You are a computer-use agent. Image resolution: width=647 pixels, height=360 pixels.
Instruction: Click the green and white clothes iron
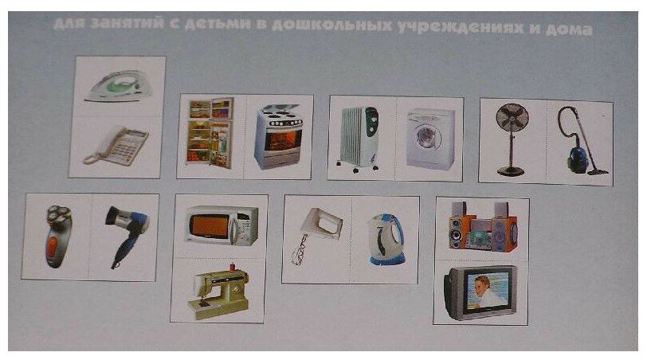116,85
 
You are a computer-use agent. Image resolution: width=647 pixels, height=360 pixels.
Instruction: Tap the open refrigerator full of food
210,131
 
